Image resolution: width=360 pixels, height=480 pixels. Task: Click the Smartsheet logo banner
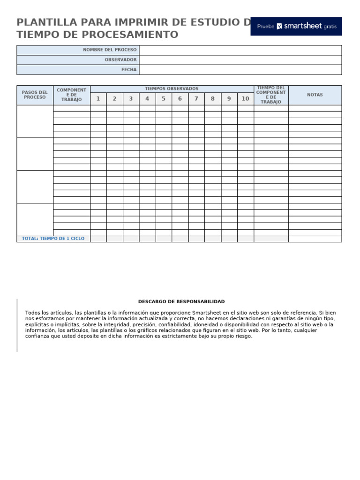[296, 26]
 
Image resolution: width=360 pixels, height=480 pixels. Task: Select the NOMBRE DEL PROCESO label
[110, 50]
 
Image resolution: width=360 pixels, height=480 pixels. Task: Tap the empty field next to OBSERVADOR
[240, 60]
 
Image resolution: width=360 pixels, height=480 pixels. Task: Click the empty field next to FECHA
[240, 70]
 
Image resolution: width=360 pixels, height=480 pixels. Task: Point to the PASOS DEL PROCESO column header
[35, 95]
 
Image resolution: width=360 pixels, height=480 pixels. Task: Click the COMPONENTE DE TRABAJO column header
[71, 95]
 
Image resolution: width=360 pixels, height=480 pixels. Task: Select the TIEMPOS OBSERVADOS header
[172, 89]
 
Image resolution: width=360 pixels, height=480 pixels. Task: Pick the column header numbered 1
[98, 99]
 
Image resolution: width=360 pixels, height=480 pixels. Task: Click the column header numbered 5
[164, 99]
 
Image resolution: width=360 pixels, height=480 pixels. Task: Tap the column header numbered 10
[245, 99]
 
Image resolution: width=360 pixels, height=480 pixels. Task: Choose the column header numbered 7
[196, 99]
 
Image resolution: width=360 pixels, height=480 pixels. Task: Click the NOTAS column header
[315, 95]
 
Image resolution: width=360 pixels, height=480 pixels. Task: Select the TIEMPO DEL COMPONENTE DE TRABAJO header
[270, 95]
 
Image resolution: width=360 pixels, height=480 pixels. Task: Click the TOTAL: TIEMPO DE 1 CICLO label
[53, 239]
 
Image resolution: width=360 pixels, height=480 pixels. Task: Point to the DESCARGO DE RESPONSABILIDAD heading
[181, 302]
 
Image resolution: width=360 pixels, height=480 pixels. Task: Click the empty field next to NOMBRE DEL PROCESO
[240, 50]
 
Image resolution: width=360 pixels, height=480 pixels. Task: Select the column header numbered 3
[131, 99]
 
